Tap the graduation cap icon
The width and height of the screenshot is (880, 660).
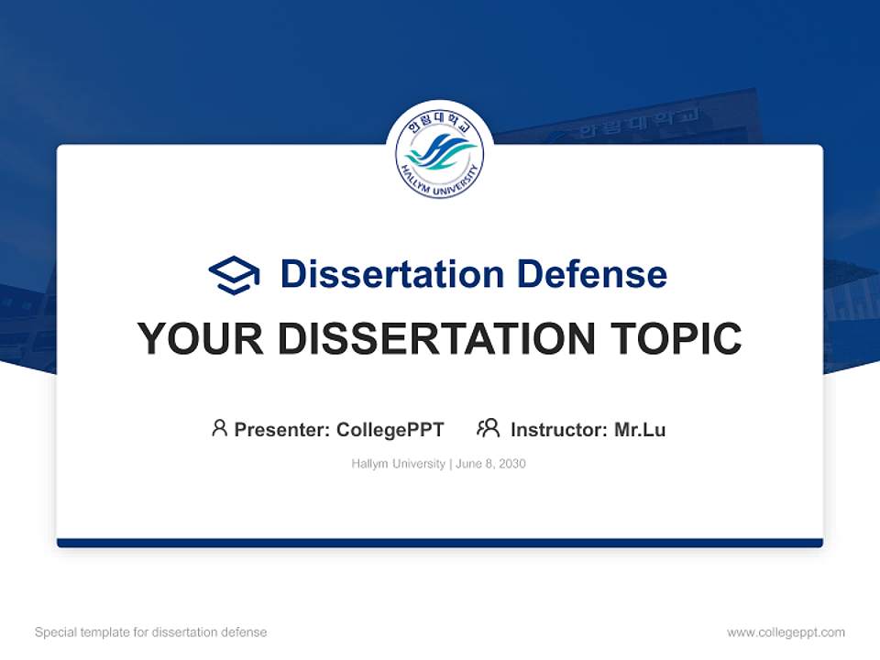pos(234,274)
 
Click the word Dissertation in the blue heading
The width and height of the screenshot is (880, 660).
pos(391,274)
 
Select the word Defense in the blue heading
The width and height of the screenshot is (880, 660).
pos(591,274)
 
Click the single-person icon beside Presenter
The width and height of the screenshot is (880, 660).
pos(219,428)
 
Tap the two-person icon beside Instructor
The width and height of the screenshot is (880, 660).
pos(488,428)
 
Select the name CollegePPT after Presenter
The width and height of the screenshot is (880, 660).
pos(390,430)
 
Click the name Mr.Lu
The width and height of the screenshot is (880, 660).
pos(640,430)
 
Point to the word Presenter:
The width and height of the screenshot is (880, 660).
pos(282,430)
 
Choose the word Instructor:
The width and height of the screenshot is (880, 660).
pos(558,430)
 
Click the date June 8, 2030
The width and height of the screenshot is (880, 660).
pos(490,464)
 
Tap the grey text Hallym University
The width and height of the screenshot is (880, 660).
pos(398,464)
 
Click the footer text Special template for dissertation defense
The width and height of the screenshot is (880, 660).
pos(150,632)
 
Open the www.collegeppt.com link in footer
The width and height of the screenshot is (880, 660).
pos(786,632)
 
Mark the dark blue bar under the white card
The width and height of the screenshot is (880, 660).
pos(440,543)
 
